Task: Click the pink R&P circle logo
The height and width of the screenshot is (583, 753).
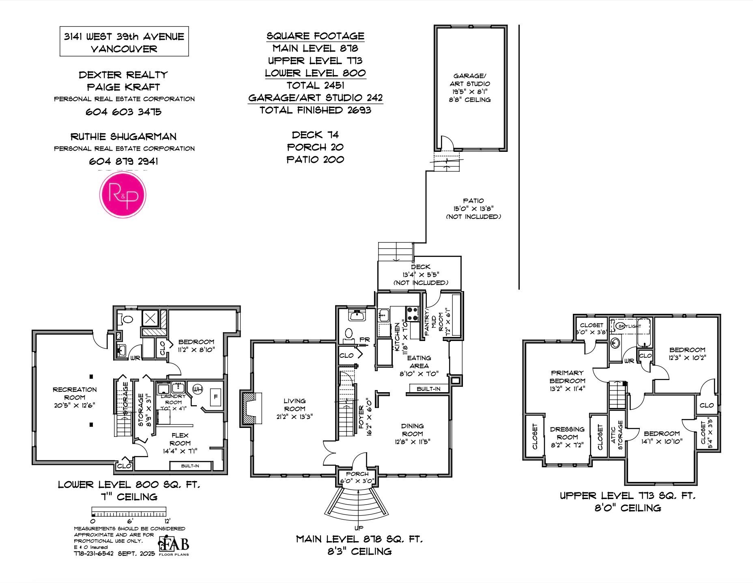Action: tap(123, 194)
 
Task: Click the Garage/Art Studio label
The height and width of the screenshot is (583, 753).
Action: tap(469, 87)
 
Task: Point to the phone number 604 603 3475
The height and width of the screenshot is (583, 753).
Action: tap(123, 112)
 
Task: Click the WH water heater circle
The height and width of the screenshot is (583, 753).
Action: tap(197, 389)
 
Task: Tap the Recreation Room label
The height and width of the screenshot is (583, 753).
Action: tap(75, 397)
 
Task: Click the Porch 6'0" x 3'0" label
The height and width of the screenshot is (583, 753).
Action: tap(357, 477)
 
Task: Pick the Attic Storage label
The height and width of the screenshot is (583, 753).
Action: tap(617, 435)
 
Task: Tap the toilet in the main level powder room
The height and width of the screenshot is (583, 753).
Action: tap(348, 334)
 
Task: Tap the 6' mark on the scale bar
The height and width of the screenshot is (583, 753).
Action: tap(130, 521)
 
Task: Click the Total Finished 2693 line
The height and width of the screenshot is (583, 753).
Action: tap(315, 110)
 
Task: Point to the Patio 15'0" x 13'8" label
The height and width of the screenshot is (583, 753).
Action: tap(473, 208)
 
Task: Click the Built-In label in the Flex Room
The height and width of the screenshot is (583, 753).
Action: tap(190, 466)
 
